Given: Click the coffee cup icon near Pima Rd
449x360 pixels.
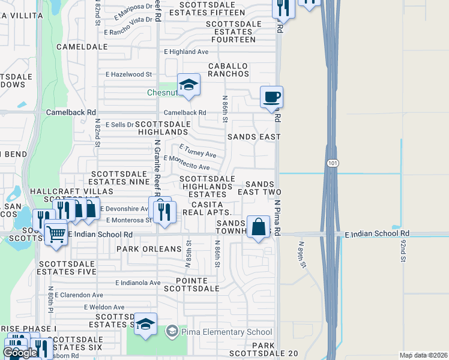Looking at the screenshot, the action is tap(271, 97).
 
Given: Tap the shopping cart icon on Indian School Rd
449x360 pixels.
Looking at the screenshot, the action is tap(56, 233).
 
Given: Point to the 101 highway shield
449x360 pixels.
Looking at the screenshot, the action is tap(333, 163).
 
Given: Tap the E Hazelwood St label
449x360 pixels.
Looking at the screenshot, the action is tap(129, 74).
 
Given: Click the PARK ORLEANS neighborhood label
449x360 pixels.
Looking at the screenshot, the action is tap(149, 248).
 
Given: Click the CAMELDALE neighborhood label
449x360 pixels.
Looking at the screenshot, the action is tap(82, 46).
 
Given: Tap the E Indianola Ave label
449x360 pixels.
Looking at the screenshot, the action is tap(138, 283).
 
